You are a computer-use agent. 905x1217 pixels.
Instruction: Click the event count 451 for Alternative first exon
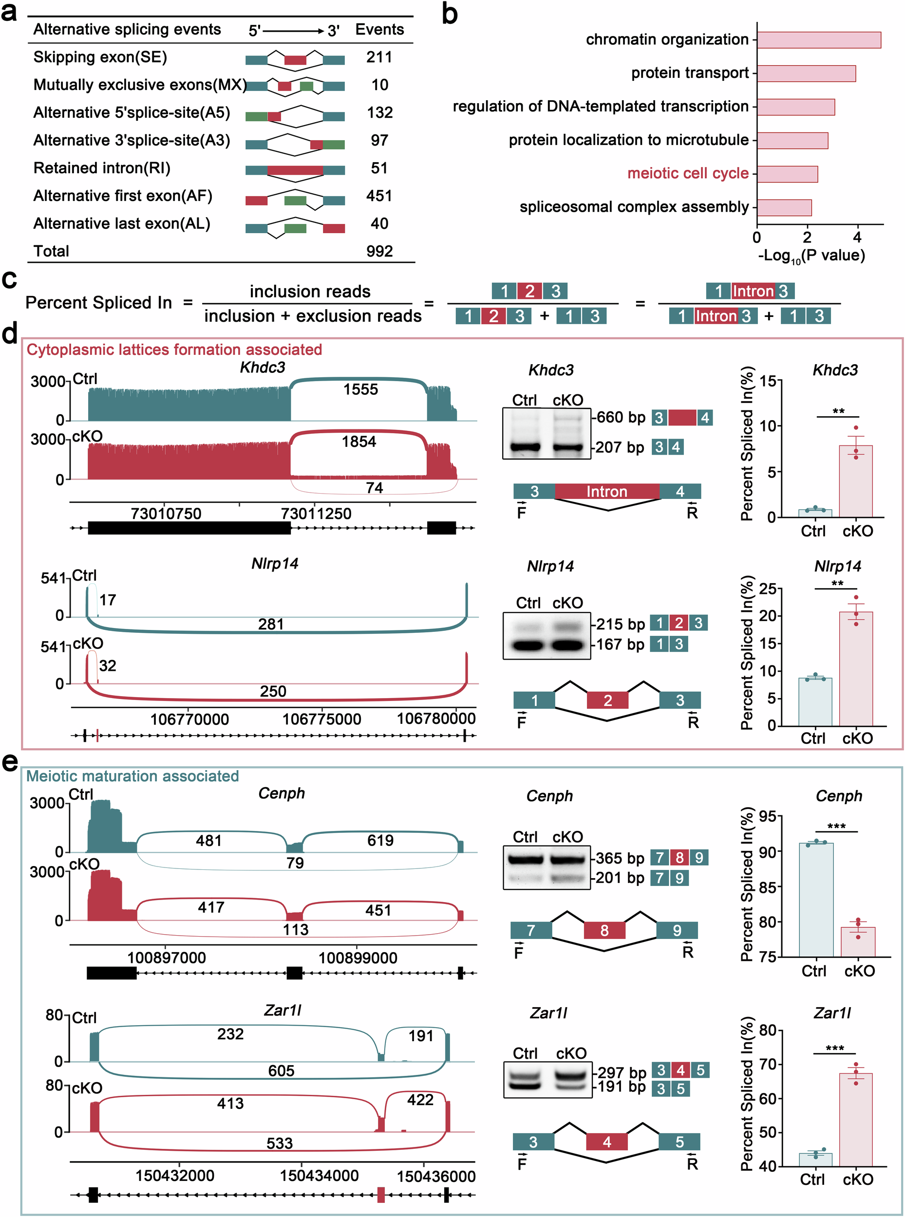coord(379,196)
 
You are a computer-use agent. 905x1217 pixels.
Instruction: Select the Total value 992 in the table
coord(379,251)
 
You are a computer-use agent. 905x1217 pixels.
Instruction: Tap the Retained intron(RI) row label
coord(102,168)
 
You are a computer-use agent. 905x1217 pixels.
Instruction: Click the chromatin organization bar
coord(818,40)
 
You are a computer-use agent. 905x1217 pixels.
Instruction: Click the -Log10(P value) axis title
coord(811,256)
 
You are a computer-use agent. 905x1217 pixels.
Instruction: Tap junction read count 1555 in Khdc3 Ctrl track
coord(360,389)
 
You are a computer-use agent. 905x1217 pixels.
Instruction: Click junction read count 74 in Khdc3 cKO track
coord(374,488)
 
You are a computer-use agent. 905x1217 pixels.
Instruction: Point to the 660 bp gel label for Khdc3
coord(621,418)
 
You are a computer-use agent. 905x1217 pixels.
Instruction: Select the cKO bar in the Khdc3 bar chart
coord(855,481)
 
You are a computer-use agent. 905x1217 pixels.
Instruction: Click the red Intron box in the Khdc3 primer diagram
coord(606,492)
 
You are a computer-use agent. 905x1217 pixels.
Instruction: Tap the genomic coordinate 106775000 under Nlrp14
coord(321,719)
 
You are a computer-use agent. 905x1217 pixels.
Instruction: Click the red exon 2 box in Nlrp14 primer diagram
coord(607,700)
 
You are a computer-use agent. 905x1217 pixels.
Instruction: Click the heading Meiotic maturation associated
coord(132,776)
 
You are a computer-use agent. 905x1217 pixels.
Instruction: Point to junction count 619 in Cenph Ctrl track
coord(380,840)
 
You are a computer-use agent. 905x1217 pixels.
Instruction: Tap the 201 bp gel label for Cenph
coord(620,878)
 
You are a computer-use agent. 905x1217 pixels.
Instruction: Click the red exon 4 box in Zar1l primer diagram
coord(606,1142)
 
